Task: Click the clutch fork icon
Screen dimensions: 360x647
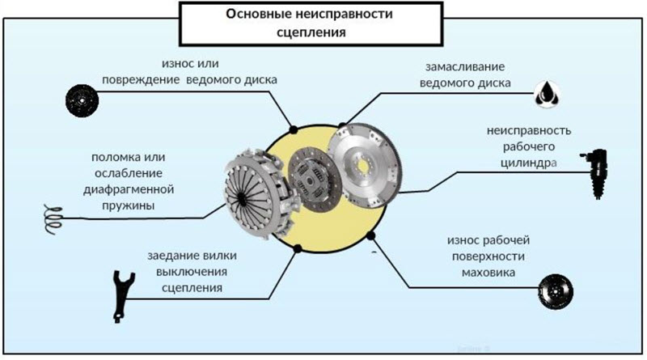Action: (x=121, y=289)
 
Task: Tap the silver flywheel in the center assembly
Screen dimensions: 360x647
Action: (x=368, y=158)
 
